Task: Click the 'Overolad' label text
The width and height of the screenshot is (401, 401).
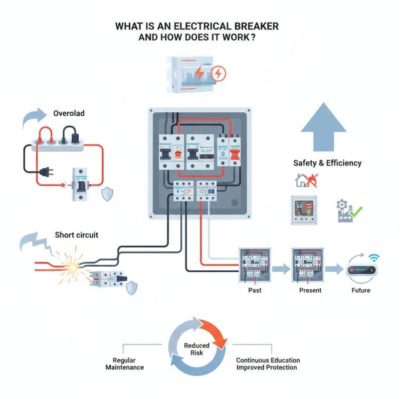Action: [x=69, y=113]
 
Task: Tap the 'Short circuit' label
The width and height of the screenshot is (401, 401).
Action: [x=77, y=235]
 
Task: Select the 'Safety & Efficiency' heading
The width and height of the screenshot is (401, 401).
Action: [x=327, y=163]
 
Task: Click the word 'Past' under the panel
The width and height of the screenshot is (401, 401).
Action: [x=255, y=290]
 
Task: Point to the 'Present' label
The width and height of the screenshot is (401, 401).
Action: [x=310, y=290]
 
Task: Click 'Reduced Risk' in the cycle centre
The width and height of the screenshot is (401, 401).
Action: [x=196, y=349]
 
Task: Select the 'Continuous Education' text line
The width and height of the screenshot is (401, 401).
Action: [x=268, y=360]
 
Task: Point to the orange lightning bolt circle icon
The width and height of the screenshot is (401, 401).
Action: [x=219, y=74]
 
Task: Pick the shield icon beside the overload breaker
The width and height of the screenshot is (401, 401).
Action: [x=107, y=194]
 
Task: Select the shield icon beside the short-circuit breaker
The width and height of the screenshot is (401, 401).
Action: [x=131, y=288]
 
